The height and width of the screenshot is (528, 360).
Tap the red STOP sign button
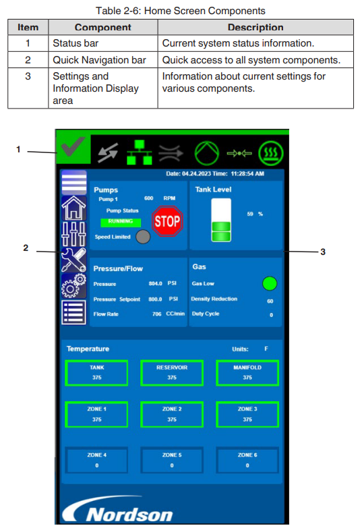167,221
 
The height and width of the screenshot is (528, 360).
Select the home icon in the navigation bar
73,208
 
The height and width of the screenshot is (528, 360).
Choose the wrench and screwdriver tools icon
73,260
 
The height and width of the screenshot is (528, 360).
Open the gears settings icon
73,285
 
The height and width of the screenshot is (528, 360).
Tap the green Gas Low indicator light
270,283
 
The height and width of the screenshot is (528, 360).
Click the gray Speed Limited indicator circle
143,237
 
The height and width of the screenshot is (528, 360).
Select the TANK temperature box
96,373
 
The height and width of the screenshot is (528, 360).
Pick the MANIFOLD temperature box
247,373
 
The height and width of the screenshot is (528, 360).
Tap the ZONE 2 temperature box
172,415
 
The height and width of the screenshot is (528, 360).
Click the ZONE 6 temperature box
247,461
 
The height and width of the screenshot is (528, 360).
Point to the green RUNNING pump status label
121,222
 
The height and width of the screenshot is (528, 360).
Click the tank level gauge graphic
221,220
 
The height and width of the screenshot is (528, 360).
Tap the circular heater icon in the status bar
271,153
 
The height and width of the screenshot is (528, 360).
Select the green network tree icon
139,152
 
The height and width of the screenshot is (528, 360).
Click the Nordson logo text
129,515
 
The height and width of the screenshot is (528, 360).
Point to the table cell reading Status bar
76,43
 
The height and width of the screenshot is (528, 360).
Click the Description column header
256,27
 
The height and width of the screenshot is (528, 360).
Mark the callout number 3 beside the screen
323,252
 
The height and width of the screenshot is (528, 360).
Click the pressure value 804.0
155,283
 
